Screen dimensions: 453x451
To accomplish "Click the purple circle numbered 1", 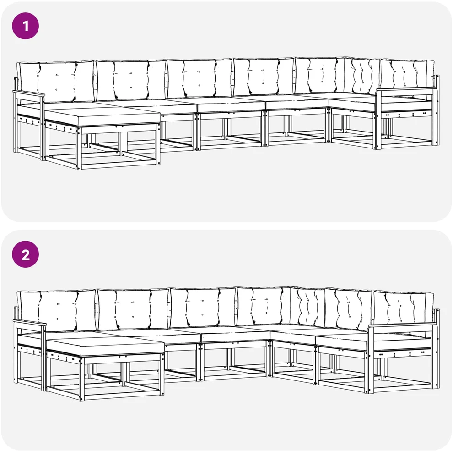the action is pyautogui.click(x=25, y=26).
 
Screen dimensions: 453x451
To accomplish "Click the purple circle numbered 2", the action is pyautogui.click(x=25, y=254).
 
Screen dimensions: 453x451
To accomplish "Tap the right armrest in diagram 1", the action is pyautogui.click(x=404, y=91).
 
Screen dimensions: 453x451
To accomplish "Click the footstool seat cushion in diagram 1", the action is pyautogui.click(x=103, y=117).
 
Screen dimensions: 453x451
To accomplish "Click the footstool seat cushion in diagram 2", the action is pyautogui.click(x=105, y=347).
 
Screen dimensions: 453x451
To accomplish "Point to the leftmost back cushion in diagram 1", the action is pyautogui.click(x=56, y=81).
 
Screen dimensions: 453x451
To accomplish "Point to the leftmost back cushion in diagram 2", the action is pyautogui.click(x=57, y=310).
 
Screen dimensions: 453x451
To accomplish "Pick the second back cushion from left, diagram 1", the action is pyautogui.click(x=131, y=80).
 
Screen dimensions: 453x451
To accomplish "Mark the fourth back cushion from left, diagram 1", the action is pyautogui.click(x=264, y=77).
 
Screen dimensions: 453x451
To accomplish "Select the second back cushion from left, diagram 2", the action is pyautogui.click(x=133, y=309).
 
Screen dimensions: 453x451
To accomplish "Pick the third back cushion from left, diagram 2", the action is pyautogui.click(x=203, y=307).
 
